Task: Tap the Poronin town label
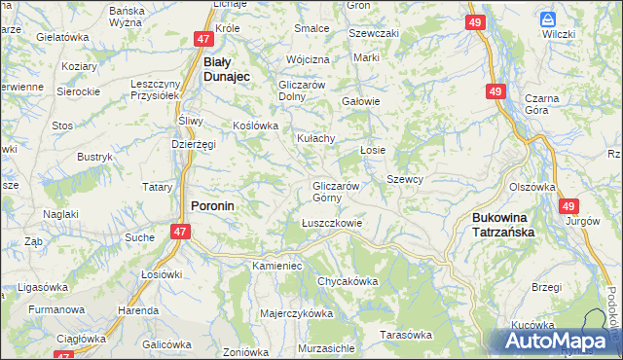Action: point(211,206)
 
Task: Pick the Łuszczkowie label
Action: point(331,223)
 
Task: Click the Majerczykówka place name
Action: point(297,314)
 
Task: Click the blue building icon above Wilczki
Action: point(548,18)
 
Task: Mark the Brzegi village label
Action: point(547,287)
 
